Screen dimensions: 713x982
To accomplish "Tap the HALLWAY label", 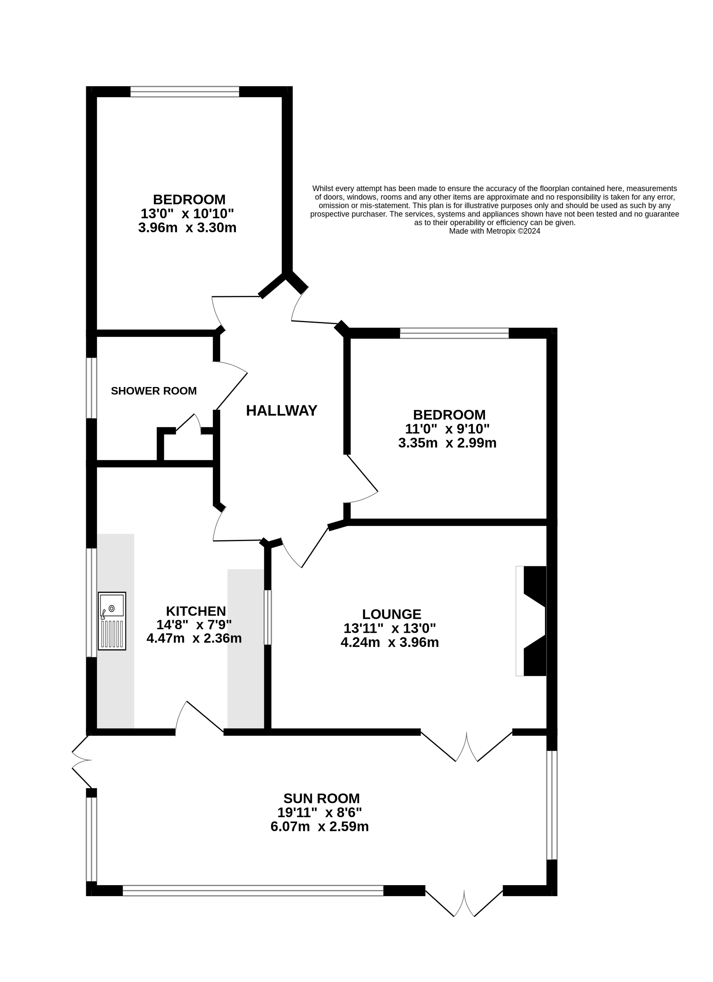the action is pyautogui.click(x=282, y=410).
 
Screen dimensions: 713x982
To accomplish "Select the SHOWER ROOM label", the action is pyautogui.click(x=154, y=391).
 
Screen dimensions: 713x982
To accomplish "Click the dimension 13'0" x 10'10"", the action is pyautogui.click(x=187, y=214).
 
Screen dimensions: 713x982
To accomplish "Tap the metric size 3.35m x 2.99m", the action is pyautogui.click(x=447, y=443).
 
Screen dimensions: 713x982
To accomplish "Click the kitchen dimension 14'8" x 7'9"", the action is pyautogui.click(x=194, y=625).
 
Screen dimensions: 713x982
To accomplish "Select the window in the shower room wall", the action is pyautogui.click(x=91, y=388).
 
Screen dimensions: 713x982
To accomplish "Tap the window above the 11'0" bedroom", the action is pyautogui.click(x=454, y=333).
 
